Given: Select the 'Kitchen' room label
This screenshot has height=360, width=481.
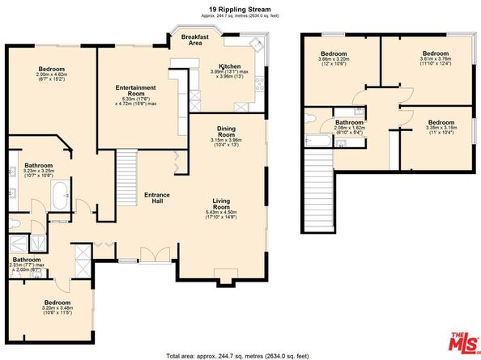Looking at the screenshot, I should (x=230, y=66).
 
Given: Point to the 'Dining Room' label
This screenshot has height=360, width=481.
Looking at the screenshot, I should (x=226, y=131).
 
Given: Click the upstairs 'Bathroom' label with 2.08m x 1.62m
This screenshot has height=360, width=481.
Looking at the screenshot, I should (x=351, y=123).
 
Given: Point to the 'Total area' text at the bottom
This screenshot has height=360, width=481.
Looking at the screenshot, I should (x=240, y=355).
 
